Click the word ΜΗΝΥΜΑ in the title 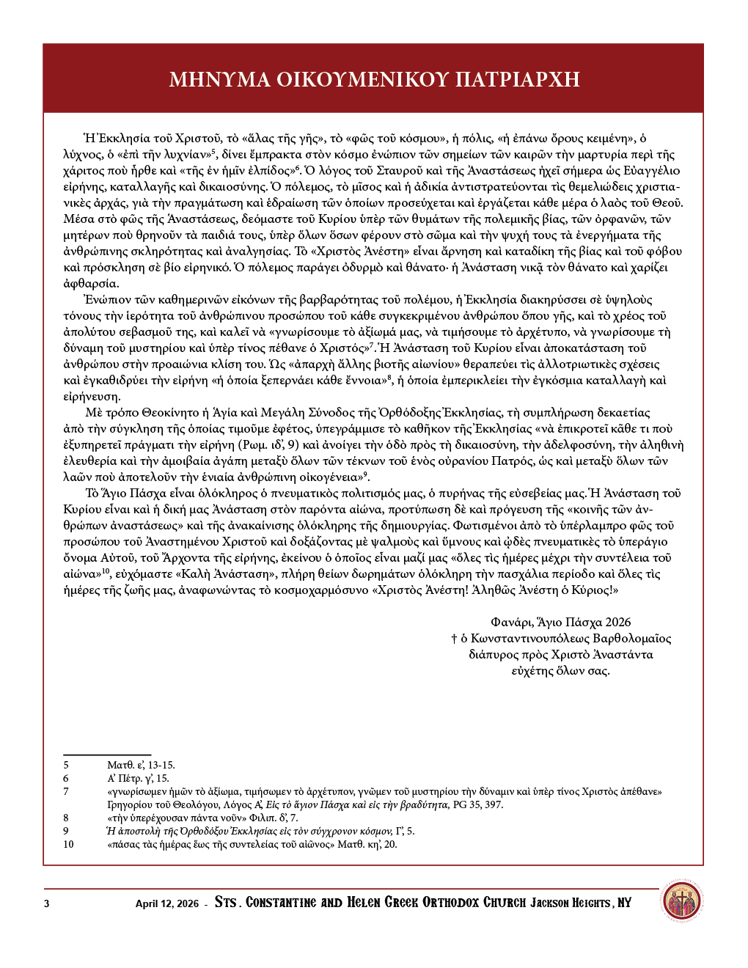pyautogui.click(x=219, y=79)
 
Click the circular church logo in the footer pyautogui.click(x=681, y=902)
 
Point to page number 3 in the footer pyautogui.click(x=47, y=903)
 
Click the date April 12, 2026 pyautogui.click(x=166, y=903)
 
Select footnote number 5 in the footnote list pyautogui.click(x=66, y=765)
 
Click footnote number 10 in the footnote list pyautogui.click(x=68, y=844)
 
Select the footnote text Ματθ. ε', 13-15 pyautogui.click(x=141, y=765)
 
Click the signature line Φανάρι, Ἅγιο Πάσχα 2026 pyautogui.click(x=561, y=622)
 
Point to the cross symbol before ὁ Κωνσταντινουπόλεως pyautogui.click(x=454, y=639)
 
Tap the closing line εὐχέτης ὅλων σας pyautogui.click(x=560, y=670)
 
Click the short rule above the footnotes pyautogui.click(x=107, y=754)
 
